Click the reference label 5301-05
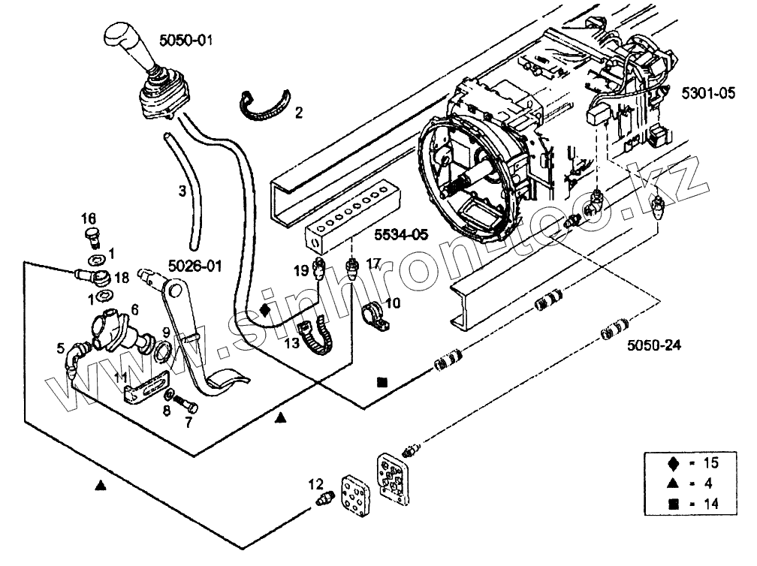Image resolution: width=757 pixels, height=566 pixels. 710,94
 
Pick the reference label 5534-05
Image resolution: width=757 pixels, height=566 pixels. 401,235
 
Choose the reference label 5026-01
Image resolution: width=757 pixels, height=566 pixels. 194,265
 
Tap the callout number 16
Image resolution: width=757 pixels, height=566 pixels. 89,218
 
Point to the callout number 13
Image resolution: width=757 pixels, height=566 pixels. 291,343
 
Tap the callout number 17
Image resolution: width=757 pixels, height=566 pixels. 373,263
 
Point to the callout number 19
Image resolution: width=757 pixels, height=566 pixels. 301,270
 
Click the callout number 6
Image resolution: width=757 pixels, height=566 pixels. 134,309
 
